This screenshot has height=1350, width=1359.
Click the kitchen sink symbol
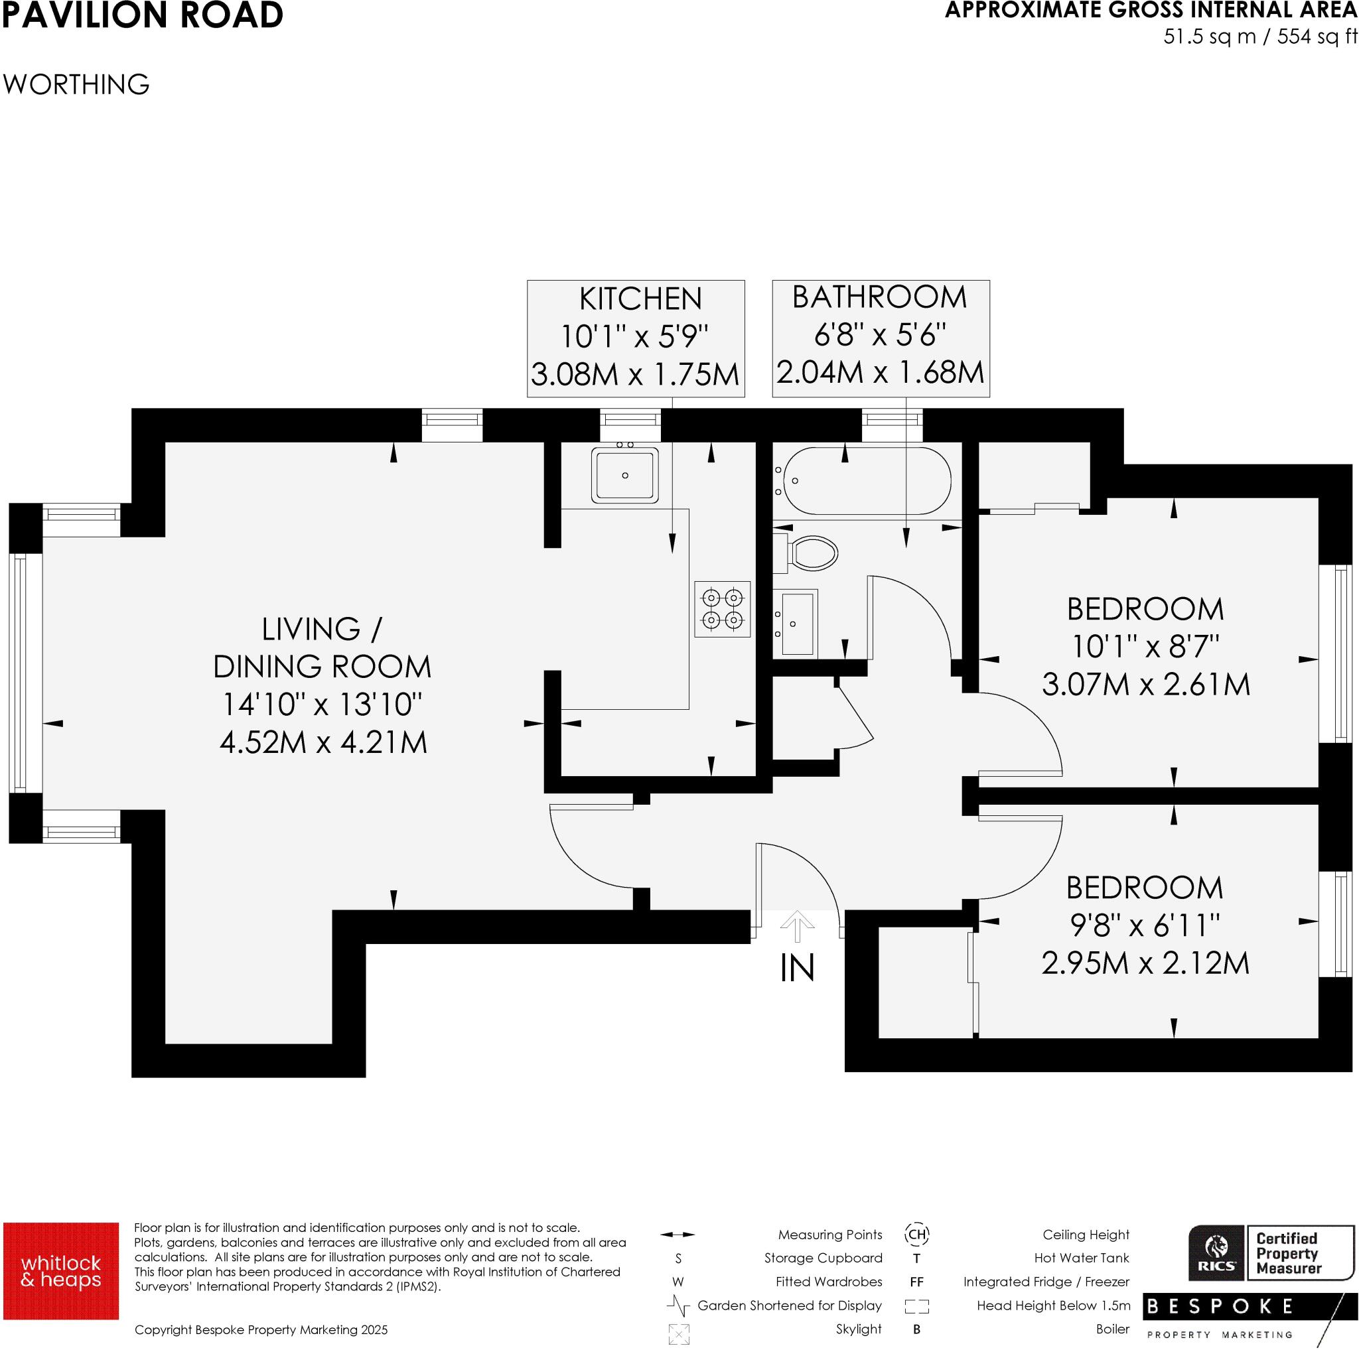click(624, 475)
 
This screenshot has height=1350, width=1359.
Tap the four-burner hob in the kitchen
click(723, 609)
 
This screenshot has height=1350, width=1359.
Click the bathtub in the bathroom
click(867, 481)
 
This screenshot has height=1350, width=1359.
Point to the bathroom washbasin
click(797, 624)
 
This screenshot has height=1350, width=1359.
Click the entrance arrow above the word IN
click(796, 926)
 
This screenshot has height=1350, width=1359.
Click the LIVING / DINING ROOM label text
click(321, 647)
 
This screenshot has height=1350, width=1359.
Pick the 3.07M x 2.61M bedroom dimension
click(1145, 684)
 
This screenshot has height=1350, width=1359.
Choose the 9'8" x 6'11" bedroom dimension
click(1145, 926)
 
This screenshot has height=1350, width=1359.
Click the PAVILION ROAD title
click(142, 15)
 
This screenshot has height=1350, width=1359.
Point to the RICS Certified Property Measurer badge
click(1270, 1253)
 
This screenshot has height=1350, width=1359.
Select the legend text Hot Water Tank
click(1081, 1258)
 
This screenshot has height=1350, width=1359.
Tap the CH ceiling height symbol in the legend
click(916, 1234)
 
